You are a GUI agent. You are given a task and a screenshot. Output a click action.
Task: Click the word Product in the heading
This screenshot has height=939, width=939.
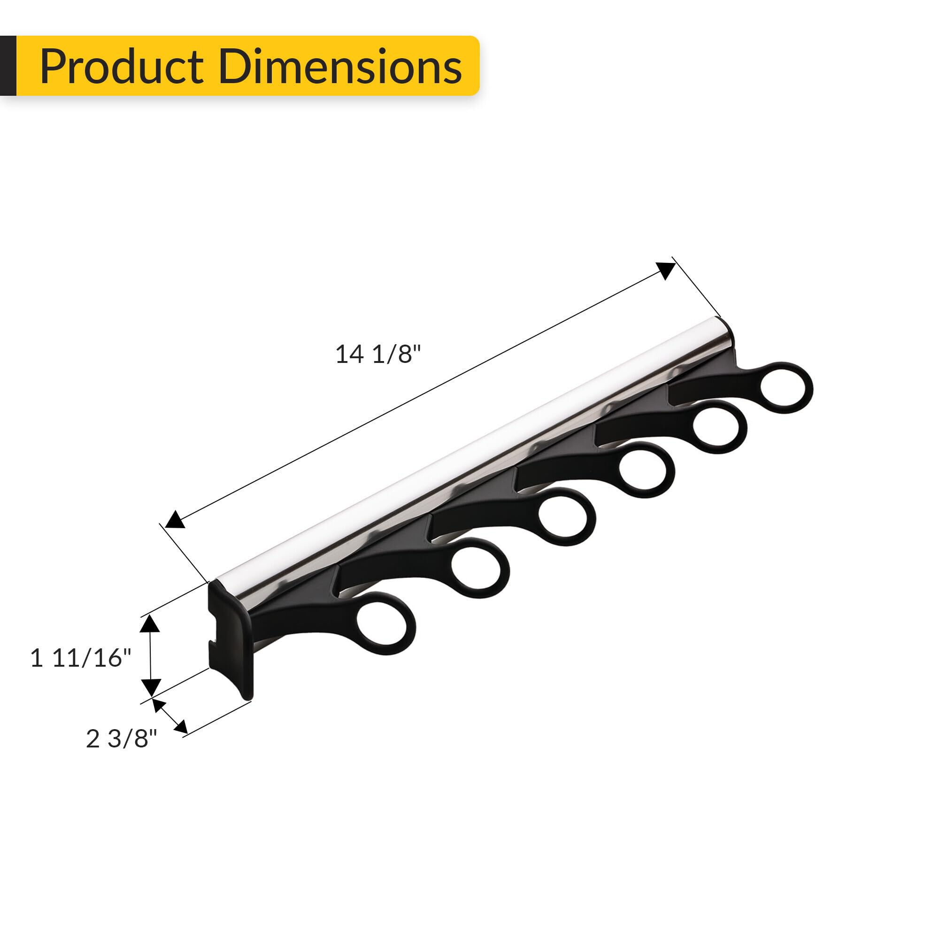(122, 67)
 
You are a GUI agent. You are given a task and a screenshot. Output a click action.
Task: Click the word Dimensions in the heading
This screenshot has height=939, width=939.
(340, 67)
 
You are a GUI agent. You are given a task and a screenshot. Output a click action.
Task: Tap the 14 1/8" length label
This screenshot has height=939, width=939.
(377, 354)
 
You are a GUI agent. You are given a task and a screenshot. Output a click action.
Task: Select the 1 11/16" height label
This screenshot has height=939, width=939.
(81, 658)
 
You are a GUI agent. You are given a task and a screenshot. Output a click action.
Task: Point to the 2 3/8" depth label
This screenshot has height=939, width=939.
(122, 739)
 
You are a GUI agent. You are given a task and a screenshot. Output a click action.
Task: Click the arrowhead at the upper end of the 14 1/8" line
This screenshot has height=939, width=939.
(666, 270)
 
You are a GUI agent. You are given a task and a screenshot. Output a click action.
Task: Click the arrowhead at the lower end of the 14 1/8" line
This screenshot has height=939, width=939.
(175, 520)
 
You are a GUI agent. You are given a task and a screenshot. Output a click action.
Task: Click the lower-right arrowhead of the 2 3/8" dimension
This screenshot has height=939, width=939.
(180, 726)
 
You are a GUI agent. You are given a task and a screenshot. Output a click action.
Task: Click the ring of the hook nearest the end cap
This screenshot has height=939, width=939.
(386, 623)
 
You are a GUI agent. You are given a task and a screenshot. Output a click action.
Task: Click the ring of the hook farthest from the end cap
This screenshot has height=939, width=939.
(786, 387)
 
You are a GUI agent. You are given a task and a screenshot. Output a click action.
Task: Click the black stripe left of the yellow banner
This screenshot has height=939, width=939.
(8, 66)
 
